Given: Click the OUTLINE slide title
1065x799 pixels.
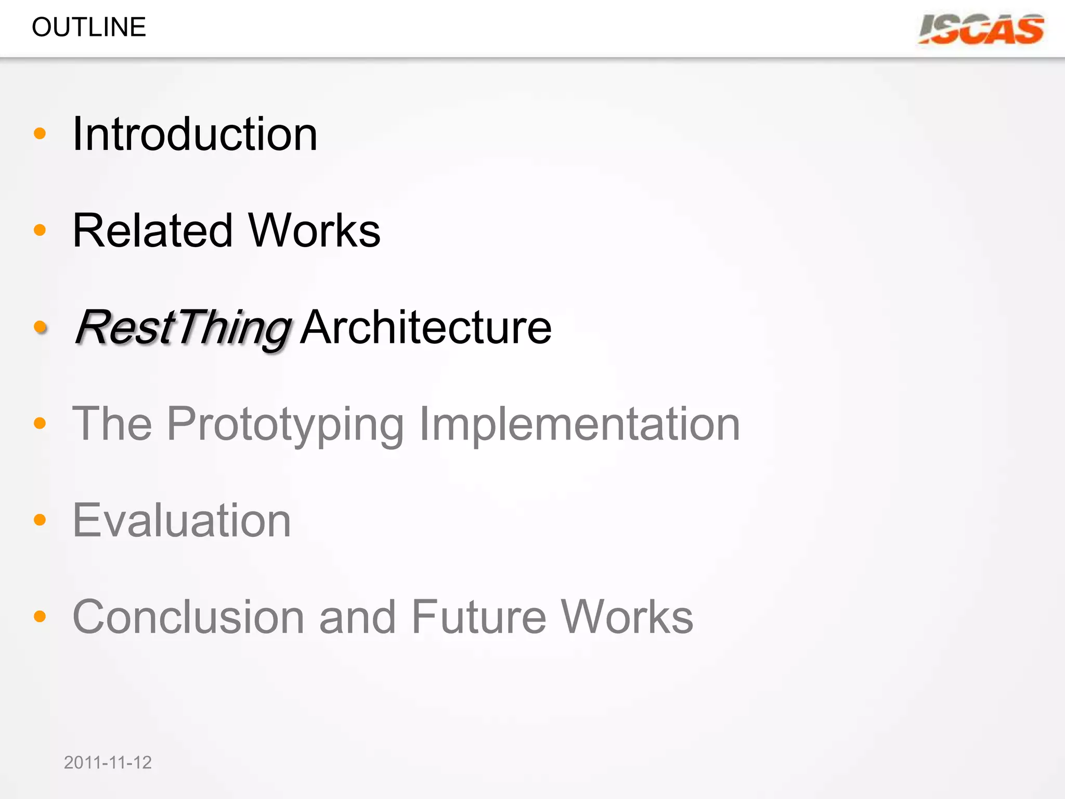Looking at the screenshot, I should pyautogui.click(x=89, y=27).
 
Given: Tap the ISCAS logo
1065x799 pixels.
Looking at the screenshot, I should pyautogui.click(x=981, y=29).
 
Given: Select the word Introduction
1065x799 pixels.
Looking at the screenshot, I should pyautogui.click(x=195, y=134).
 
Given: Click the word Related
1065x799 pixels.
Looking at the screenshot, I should pyautogui.click(x=152, y=230).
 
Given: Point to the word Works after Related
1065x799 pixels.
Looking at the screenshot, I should pyautogui.click(x=314, y=230).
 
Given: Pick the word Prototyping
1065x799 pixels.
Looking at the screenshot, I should pyautogui.click(x=285, y=424).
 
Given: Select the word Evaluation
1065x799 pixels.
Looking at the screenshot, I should pyautogui.click(x=181, y=520).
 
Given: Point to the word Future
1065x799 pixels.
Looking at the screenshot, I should pyautogui.click(x=478, y=617).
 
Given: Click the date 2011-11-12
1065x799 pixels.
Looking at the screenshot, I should pyautogui.click(x=108, y=763).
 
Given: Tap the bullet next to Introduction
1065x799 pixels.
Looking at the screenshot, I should pyautogui.click(x=40, y=134).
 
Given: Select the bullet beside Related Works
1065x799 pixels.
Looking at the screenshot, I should pyautogui.click(x=40, y=230).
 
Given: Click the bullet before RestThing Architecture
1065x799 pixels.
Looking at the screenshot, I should pyautogui.click(x=40, y=327).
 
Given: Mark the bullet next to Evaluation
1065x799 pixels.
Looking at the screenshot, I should pyautogui.click(x=40, y=520).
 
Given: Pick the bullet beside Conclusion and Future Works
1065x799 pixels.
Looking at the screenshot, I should pyautogui.click(x=40, y=616).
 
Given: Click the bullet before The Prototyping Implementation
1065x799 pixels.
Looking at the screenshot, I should pyautogui.click(x=40, y=423).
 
